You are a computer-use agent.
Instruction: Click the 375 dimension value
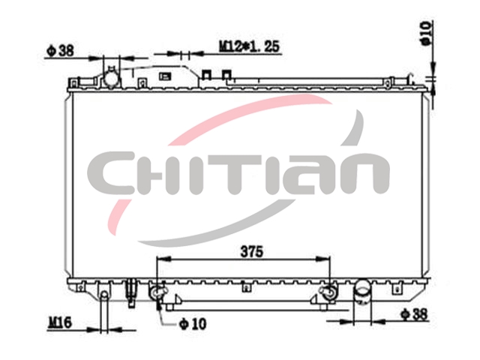[x=252, y=252]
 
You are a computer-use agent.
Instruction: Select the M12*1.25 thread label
[x=249, y=46]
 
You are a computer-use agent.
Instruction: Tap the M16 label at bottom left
[x=60, y=322]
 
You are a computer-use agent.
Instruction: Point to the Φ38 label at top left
[x=60, y=50]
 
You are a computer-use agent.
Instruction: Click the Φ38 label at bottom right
[x=414, y=314]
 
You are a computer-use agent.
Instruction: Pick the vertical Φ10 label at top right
[x=427, y=33]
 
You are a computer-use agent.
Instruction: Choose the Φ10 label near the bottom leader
[x=193, y=324]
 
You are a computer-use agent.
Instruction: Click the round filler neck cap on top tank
[x=111, y=78]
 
